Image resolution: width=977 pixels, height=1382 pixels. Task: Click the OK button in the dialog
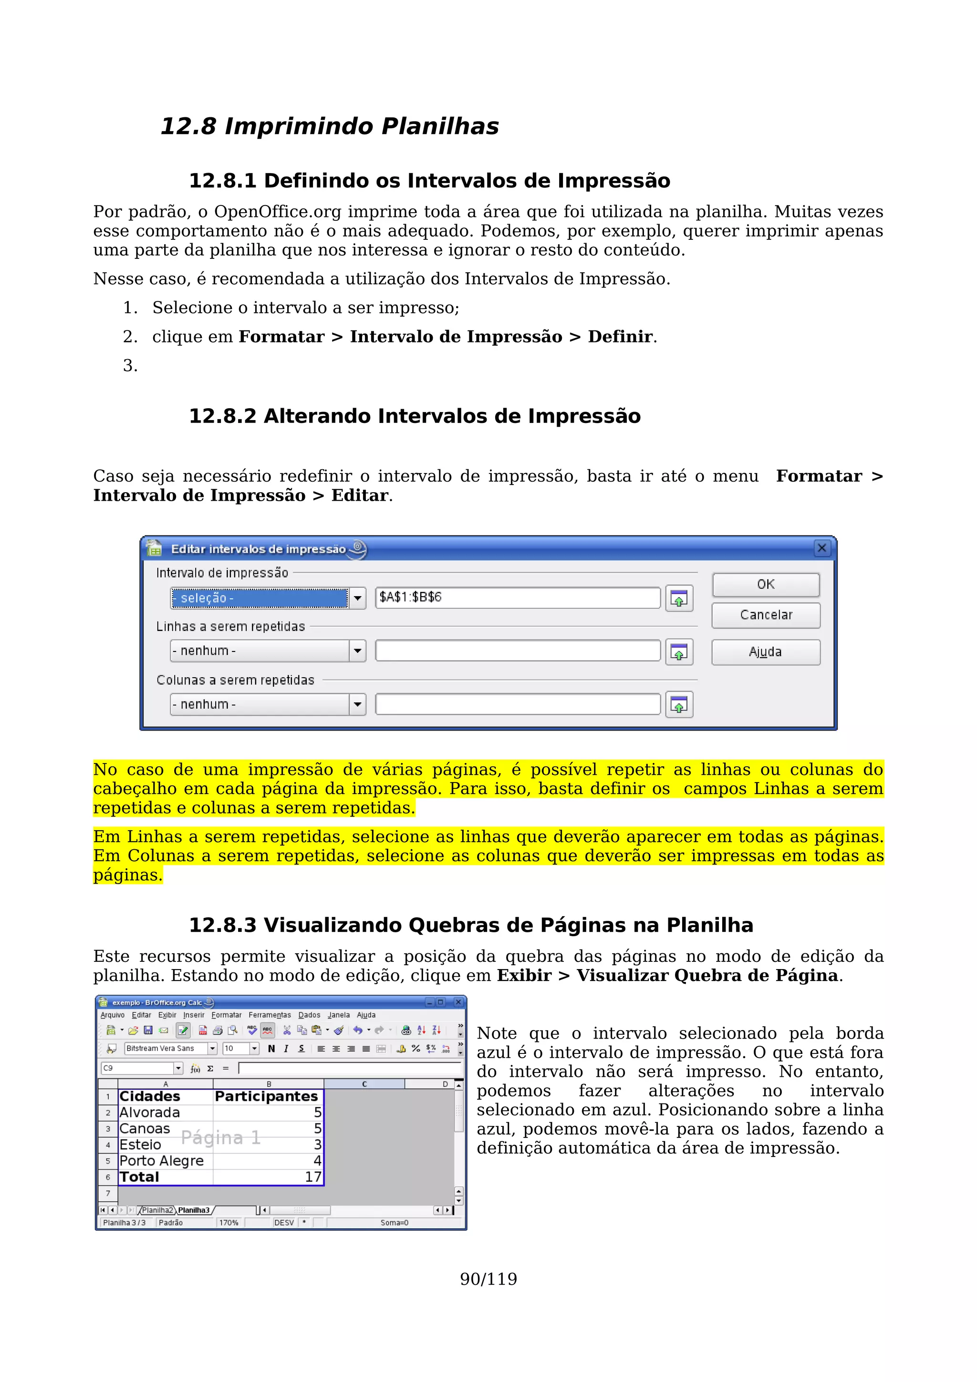pyautogui.click(x=765, y=585)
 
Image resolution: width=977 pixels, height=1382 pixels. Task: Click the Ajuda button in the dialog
pyautogui.click(x=765, y=652)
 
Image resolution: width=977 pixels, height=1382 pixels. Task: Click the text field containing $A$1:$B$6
pyautogui.click(x=518, y=597)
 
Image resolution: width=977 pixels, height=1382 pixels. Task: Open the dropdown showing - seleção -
pyautogui.click(x=358, y=598)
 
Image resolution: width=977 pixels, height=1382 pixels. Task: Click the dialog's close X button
pyautogui.click(x=821, y=548)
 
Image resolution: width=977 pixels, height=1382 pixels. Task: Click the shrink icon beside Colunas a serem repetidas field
pyautogui.click(x=679, y=705)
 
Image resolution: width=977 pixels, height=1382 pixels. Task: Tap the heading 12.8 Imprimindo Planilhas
pyautogui.click(x=329, y=126)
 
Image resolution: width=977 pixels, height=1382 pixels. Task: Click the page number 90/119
pyautogui.click(x=488, y=1279)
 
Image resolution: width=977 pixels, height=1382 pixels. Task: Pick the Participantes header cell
pyautogui.click(x=266, y=1096)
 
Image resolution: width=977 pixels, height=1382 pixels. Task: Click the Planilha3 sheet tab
pyautogui.click(x=194, y=1210)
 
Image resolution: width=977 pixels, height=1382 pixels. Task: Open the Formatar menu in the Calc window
pyautogui.click(x=226, y=1015)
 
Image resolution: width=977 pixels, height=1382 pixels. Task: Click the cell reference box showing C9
pyautogui.click(x=137, y=1068)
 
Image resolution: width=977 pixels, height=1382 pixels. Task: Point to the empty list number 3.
pyautogui.click(x=130, y=365)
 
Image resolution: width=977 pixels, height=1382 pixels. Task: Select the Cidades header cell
pyautogui.click(x=150, y=1096)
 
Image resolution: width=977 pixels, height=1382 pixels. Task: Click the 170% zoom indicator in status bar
pyautogui.click(x=229, y=1223)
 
